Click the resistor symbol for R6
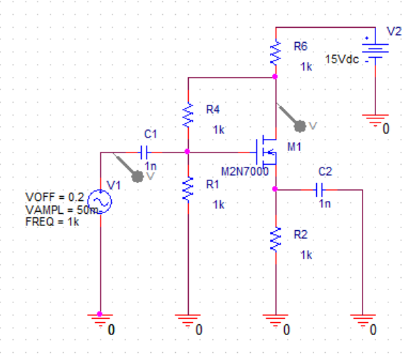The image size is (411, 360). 276,52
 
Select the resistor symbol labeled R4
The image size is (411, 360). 187,114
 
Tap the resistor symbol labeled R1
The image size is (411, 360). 187,189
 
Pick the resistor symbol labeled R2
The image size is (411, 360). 276,240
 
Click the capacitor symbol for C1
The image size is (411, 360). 145,152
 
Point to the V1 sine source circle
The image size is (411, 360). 100,203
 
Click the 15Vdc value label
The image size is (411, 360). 342,60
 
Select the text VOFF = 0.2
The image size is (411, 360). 54,196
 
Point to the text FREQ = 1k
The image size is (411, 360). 52,221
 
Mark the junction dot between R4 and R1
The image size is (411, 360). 187,152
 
